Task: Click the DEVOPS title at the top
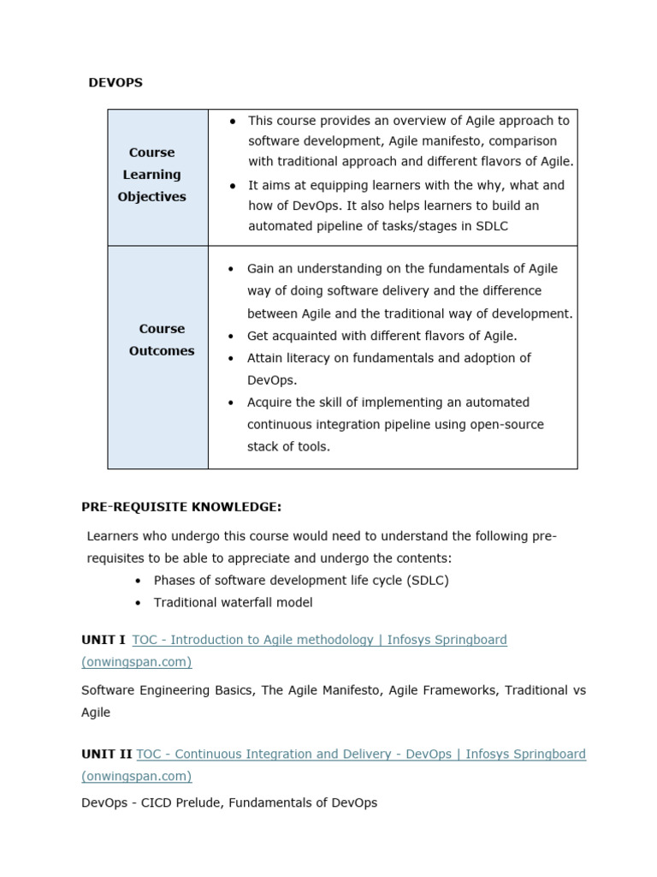click(x=115, y=83)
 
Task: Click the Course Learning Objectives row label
click(x=151, y=175)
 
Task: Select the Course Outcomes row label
click(x=162, y=340)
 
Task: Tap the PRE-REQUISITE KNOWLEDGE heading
click(x=181, y=507)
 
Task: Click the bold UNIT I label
click(x=104, y=640)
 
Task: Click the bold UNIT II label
click(x=106, y=754)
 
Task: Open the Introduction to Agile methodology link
click(x=319, y=640)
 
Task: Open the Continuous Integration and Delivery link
click(x=360, y=754)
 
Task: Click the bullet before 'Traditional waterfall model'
click(x=138, y=603)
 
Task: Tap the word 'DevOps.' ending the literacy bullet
click(x=272, y=380)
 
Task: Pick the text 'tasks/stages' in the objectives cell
click(x=412, y=226)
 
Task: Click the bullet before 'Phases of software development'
click(x=138, y=581)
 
